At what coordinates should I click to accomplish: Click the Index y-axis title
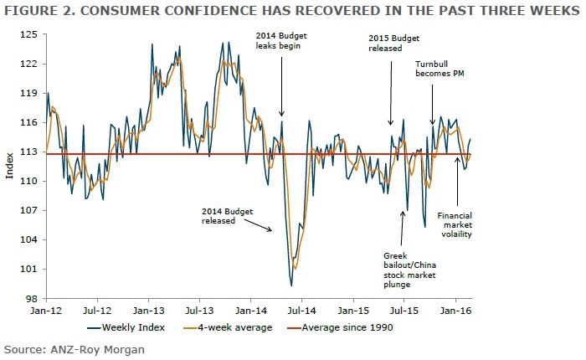point(9,167)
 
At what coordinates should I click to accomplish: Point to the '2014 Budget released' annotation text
point(229,216)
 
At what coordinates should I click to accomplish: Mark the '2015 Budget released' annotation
point(392,44)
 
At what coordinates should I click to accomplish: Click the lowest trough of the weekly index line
point(291,285)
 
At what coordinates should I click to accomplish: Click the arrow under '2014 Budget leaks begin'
point(281,84)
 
